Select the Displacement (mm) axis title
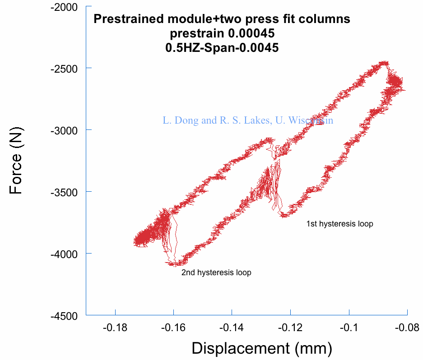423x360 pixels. [x=262, y=348]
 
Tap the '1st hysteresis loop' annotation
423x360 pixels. [x=339, y=224]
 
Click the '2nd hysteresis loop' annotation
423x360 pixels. [x=216, y=272]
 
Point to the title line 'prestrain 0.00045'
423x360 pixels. [x=222, y=33]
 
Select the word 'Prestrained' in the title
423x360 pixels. [x=127, y=19]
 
